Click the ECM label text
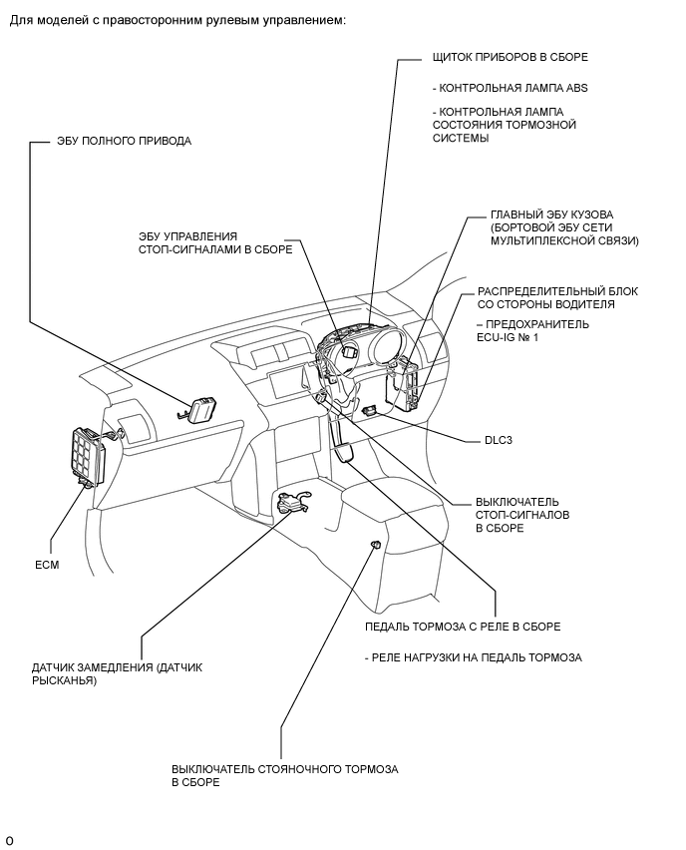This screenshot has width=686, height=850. point(48,565)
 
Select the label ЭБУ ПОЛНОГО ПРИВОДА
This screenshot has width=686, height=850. point(124,141)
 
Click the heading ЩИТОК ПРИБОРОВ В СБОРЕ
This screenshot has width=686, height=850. point(510,58)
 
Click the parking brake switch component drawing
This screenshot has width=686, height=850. point(376,544)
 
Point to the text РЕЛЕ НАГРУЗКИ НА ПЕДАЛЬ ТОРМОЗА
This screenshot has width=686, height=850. point(473,657)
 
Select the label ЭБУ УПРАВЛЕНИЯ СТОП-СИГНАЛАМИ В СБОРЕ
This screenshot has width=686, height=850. point(215,243)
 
